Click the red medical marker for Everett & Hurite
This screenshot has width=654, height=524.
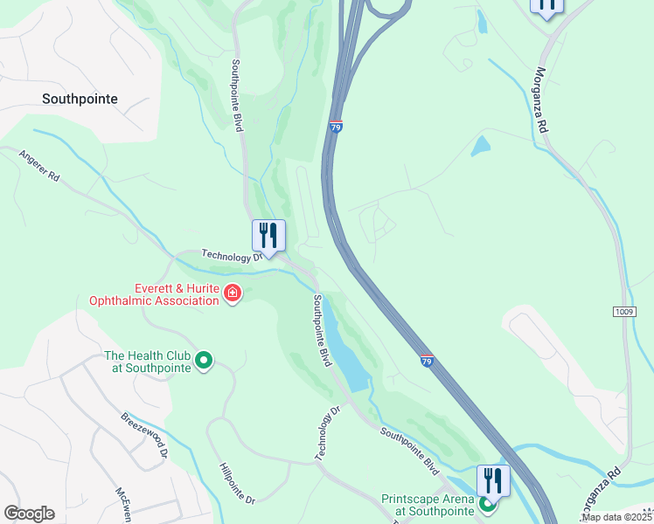233,293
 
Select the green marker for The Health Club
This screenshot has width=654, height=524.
204,360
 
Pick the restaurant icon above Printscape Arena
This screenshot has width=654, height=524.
493,479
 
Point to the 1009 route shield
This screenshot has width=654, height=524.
624,311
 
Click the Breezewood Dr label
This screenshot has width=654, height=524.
144,435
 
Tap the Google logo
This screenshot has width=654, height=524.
29,514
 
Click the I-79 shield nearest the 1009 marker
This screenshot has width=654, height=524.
427,361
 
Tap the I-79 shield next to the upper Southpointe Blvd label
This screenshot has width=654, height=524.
336,128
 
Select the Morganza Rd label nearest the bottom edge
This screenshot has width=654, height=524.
600,488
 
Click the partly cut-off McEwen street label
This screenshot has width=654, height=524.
122,505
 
